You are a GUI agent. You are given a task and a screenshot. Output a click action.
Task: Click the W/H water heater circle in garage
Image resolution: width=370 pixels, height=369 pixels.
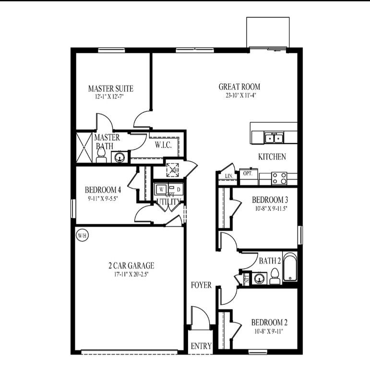point(82,236)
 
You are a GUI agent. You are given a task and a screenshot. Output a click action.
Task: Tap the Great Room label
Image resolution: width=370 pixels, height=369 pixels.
point(239,87)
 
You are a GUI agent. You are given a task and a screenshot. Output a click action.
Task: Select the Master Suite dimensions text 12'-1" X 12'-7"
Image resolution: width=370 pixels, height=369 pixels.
point(110,96)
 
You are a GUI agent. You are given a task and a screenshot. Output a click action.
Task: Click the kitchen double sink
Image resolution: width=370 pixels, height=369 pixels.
point(274,138)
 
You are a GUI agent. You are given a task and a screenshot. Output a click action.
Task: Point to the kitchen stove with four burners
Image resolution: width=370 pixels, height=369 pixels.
point(279,178)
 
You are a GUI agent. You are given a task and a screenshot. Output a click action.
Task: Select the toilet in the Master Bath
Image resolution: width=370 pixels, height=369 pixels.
point(101,155)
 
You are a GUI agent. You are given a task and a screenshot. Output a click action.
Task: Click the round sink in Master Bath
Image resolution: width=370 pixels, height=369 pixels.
point(120,156)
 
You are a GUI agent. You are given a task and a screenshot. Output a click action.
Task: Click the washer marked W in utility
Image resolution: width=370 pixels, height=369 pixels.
point(160,189)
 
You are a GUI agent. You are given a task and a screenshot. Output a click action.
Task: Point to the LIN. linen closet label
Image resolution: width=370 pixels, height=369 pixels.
point(229,177)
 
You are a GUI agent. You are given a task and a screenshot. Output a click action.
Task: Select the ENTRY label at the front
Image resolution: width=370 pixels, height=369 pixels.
point(201,346)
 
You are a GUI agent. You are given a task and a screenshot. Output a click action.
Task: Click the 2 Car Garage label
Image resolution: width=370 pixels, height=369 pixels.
point(131,265)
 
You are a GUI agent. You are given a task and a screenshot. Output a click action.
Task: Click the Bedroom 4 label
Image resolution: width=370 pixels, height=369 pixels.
point(103,190)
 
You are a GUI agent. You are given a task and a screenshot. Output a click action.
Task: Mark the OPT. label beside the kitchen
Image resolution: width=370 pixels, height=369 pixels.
point(248,173)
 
